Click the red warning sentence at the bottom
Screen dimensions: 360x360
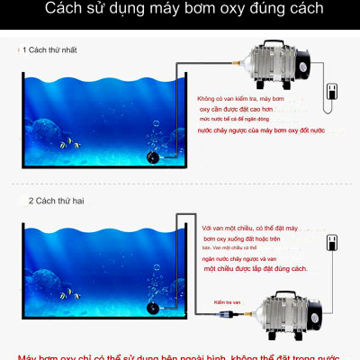tap(180, 354)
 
